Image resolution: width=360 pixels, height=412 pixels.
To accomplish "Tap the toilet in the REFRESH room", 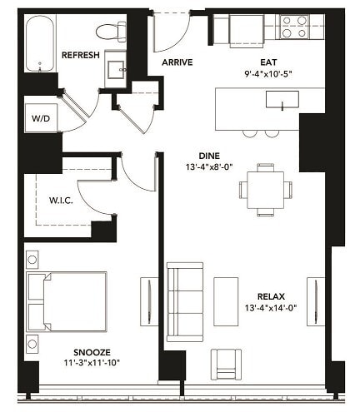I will pyautogui.click(x=110, y=32).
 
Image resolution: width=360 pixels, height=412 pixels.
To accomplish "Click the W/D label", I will pyautogui.click(x=39, y=118).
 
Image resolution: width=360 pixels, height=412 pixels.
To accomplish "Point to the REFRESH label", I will pyautogui.click(x=81, y=55).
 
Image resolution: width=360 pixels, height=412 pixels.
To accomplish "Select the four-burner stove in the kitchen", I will pyautogui.click(x=293, y=27).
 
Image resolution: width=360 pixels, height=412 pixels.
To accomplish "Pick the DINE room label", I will pyautogui.click(x=208, y=155).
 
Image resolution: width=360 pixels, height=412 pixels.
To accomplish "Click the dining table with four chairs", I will pyautogui.click(x=266, y=189).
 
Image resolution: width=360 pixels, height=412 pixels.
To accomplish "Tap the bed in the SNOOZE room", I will pyautogui.click(x=67, y=300).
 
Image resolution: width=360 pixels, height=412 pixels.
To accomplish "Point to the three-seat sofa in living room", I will pyautogui.click(x=184, y=301).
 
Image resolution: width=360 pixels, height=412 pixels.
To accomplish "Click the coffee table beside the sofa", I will pyautogui.click(x=226, y=300).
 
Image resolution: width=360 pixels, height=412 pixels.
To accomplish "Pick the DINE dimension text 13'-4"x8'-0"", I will pyautogui.click(x=208, y=166).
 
